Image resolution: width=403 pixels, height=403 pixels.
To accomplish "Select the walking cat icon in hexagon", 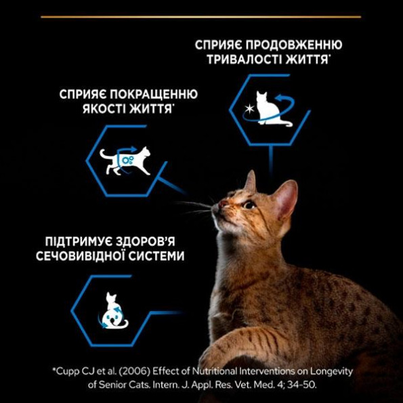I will (125, 160).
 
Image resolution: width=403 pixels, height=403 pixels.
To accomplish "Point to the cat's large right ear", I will (284, 198).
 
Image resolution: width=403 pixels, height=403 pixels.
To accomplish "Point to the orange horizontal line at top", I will (200, 16).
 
